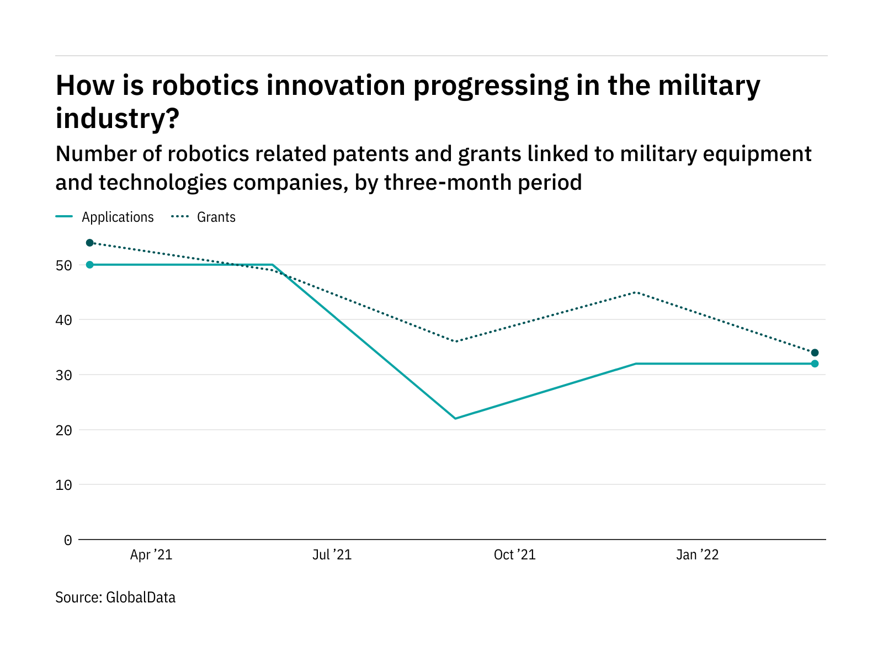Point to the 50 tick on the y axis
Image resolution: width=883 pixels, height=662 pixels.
coord(64,265)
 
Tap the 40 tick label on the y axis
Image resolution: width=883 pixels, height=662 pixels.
coord(64,320)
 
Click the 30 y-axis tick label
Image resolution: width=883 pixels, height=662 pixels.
coord(64,375)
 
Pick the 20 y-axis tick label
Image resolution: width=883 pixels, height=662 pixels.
coord(64,430)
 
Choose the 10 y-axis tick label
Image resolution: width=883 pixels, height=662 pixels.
coord(64,485)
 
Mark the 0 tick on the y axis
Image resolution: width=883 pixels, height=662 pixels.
coord(68,540)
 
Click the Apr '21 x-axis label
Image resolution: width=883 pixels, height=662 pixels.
coord(151,554)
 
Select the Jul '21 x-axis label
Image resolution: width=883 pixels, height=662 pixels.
coord(332,554)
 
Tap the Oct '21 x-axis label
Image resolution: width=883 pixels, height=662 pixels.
coord(514,554)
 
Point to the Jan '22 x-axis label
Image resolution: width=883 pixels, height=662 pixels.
coord(698,554)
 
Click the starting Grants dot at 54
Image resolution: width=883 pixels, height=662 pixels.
coord(90,243)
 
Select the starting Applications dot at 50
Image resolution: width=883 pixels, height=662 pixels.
coord(90,265)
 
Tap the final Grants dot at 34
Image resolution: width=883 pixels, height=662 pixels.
coord(815,353)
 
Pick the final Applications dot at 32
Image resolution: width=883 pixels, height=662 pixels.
coord(815,364)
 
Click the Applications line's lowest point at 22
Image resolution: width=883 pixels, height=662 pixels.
coord(455,418)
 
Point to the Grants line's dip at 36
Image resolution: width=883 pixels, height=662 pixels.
coord(455,341)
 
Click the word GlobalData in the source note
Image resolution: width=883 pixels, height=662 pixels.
coord(141,597)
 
